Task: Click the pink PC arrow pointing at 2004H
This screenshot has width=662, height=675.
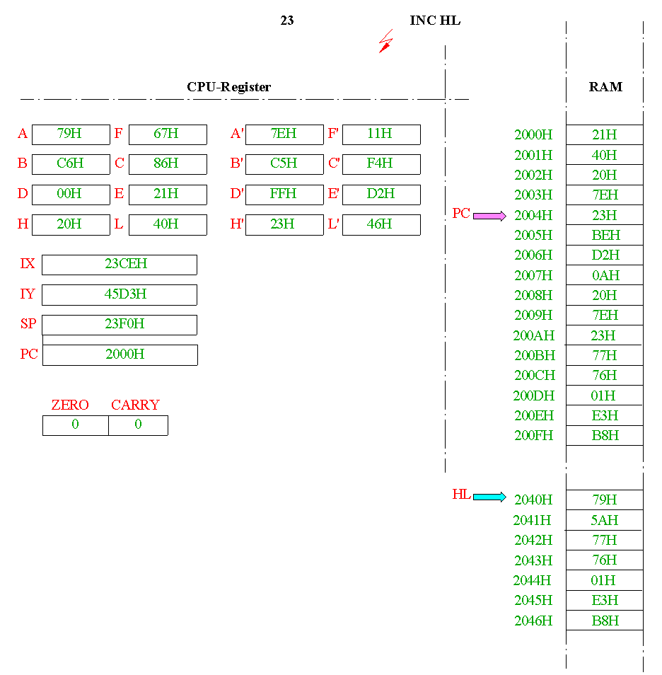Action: click(x=489, y=216)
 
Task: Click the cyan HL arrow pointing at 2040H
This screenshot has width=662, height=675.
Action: click(x=489, y=497)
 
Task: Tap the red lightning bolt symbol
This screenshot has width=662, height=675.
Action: click(x=385, y=41)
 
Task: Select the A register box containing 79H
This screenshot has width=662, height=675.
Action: click(x=71, y=134)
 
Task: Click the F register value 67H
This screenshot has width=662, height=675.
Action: click(x=166, y=134)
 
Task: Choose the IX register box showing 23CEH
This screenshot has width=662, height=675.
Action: click(x=120, y=265)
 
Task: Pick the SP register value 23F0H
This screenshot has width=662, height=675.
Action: click(x=124, y=324)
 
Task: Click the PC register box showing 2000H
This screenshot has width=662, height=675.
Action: click(x=120, y=355)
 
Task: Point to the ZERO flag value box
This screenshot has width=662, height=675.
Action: click(x=76, y=425)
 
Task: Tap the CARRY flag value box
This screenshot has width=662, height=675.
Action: click(x=138, y=425)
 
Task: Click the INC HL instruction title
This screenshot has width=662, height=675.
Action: click(x=435, y=21)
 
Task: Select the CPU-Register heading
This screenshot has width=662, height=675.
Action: click(x=229, y=87)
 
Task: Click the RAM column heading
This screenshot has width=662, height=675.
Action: click(x=605, y=87)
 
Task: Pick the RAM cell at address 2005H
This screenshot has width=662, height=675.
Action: click(x=605, y=236)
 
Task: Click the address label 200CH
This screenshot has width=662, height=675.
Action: click(x=535, y=376)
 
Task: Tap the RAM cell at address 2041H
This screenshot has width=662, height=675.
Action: click(x=605, y=520)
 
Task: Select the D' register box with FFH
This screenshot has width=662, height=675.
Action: click(x=284, y=195)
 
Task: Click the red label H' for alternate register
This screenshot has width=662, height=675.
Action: click(x=237, y=224)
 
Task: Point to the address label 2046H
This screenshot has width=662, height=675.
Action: click(x=533, y=621)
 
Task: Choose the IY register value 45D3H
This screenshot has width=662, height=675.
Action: click(x=125, y=294)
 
